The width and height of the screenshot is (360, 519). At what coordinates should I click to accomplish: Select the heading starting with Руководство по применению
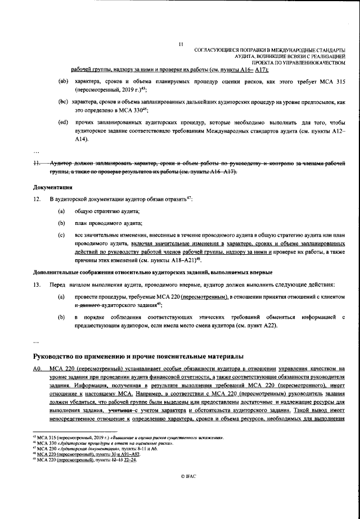click(x=139, y=356)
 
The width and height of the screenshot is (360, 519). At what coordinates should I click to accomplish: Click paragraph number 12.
click(x=38, y=200)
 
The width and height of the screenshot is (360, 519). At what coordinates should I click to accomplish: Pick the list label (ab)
click(x=64, y=82)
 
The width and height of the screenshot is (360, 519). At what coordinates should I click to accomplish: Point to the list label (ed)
click(x=64, y=122)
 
